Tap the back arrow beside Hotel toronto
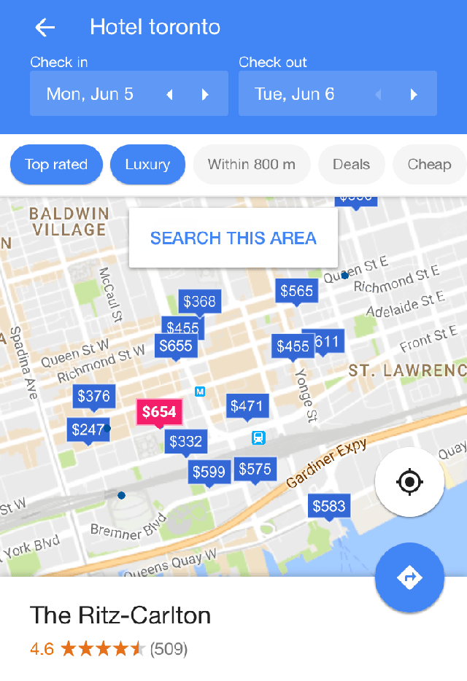click(x=45, y=28)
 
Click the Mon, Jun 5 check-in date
click(x=90, y=94)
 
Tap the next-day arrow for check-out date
click(x=414, y=94)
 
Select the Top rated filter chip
click(x=56, y=164)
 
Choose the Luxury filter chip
click(x=147, y=164)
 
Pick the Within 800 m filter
click(x=251, y=164)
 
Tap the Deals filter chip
click(x=351, y=164)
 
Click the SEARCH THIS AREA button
click(x=233, y=238)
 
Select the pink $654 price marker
click(x=159, y=413)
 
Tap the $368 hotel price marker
click(x=199, y=302)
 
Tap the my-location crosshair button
click(x=409, y=482)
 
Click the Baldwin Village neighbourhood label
click(x=69, y=222)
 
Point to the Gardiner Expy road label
click(x=326, y=464)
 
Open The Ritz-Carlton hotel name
click(x=120, y=615)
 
